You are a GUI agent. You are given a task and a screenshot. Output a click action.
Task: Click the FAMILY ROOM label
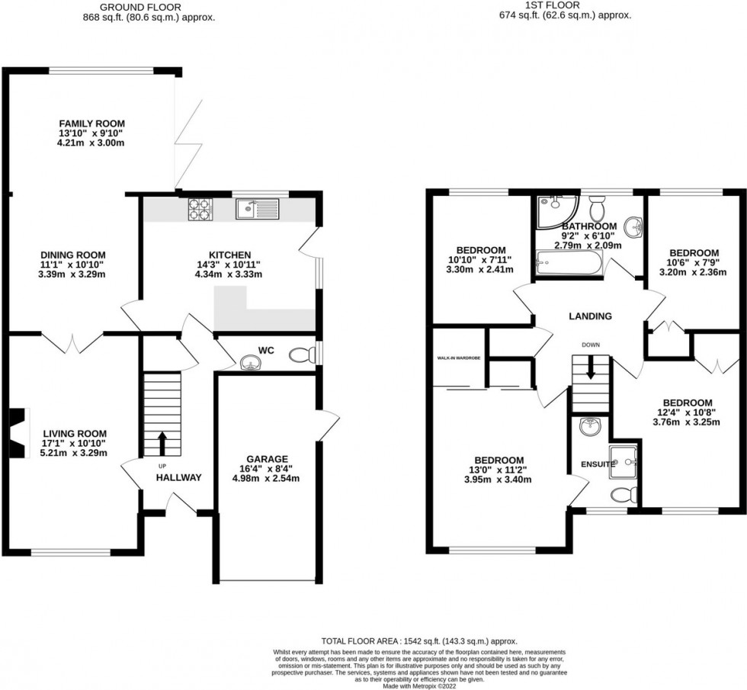(x=92, y=124)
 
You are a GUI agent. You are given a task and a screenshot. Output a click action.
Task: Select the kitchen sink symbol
(x=258, y=208)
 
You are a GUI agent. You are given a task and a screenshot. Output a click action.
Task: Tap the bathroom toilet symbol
(x=597, y=207)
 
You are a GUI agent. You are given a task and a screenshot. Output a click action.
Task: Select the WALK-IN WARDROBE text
(x=457, y=358)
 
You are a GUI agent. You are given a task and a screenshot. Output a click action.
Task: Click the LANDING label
(x=589, y=316)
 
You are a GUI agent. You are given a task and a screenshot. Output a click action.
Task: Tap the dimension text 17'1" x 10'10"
(x=74, y=442)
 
